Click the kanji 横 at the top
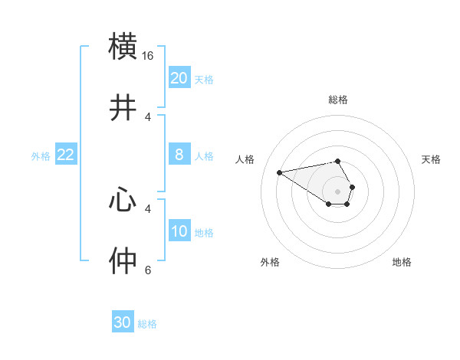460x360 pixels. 123,46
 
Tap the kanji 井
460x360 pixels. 123,108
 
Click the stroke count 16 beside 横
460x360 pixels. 148,56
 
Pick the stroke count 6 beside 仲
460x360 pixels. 148,270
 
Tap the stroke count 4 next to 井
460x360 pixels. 148,117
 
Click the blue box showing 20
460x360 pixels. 179,78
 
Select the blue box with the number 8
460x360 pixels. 179,155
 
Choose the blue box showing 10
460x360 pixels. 179,231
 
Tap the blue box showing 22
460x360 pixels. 66,155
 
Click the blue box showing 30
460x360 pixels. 123,322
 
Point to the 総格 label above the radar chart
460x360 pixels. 338,100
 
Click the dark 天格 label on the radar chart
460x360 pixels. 432,159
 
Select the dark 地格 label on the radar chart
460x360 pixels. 402,262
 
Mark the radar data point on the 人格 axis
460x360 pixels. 279,172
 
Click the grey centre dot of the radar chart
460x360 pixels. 338,191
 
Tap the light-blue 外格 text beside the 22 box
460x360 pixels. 41,155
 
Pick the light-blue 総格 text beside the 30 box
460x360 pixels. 148,324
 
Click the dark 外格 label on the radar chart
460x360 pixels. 270,262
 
